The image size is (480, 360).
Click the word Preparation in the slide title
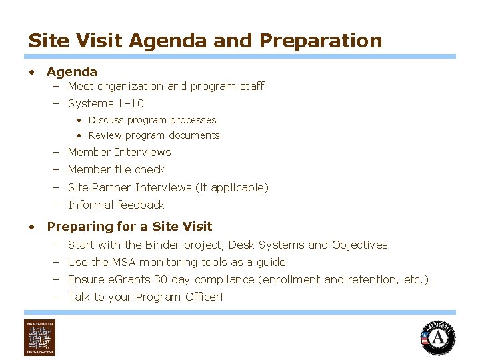coord(321,41)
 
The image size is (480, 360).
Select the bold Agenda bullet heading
coord(72,71)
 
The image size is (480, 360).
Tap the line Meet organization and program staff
coord(165,86)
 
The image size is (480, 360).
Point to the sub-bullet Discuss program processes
coord(152,120)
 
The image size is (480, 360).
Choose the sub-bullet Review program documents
coord(153,135)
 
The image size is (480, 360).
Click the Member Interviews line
coord(119,152)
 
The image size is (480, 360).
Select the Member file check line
coord(116,169)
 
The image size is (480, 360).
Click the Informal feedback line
coord(116,205)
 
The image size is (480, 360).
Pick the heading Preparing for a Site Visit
coord(129,226)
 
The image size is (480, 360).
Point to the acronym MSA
coord(121,262)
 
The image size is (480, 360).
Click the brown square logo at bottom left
coord(40,337)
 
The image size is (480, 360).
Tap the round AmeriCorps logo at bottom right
coord(438,337)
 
